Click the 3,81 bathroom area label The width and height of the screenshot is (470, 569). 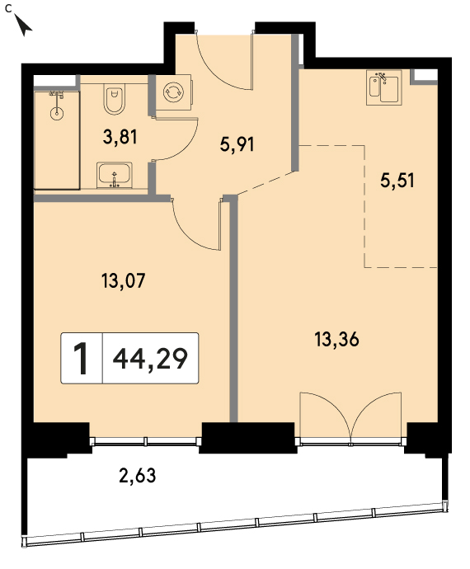click(x=120, y=138)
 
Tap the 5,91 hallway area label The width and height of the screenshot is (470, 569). click(x=237, y=144)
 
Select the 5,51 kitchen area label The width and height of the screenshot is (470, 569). click(x=397, y=180)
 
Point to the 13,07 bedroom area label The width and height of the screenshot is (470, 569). click(x=124, y=281)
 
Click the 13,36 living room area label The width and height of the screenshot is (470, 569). click(x=336, y=340)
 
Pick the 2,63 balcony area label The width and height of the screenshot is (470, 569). click(x=138, y=475)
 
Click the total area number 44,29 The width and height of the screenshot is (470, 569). click(x=150, y=359)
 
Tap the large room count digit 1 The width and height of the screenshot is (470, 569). click(x=81, y=359)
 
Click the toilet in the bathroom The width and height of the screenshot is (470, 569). click(x=115, y=99)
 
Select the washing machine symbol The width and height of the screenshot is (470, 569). click(x=174, y=92)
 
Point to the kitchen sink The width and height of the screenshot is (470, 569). click(x=384, y=87)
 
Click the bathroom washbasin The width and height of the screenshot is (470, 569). click(x=115, y=176)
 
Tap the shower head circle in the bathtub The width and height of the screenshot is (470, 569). click(x=57, y=114)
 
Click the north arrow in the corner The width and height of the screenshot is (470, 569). click(x=23, y=24)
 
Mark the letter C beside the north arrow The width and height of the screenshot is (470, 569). click(x=8, y=8)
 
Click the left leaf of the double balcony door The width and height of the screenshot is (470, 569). click(x=326, y=415)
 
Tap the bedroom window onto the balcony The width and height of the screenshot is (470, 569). click(x=146, y=442)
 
